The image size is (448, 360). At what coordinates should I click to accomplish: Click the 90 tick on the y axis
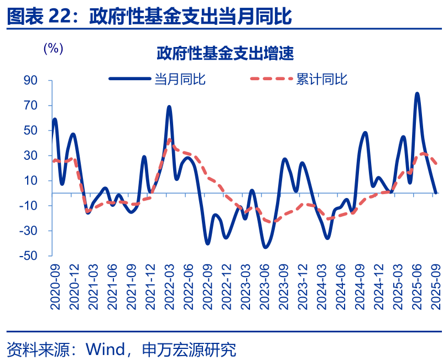(x=30, y=81)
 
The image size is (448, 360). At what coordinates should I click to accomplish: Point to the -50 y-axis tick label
(x=28, y=256)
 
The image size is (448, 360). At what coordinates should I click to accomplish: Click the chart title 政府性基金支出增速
(x=224, y=54)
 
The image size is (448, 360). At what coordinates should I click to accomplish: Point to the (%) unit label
(x=54, y=48)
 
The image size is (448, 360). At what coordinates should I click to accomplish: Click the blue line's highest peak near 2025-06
(x=417, y=93)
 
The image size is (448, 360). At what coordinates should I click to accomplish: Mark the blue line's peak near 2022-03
(x=169, y=107)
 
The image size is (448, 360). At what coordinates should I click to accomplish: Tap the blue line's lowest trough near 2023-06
(x=265, y=247)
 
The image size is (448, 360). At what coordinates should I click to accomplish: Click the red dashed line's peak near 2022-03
(x=170, y=139)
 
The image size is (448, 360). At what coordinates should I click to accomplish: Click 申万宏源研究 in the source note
(x=189, y=349)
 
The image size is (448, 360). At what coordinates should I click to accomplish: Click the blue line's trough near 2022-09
(x=208, y=243)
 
